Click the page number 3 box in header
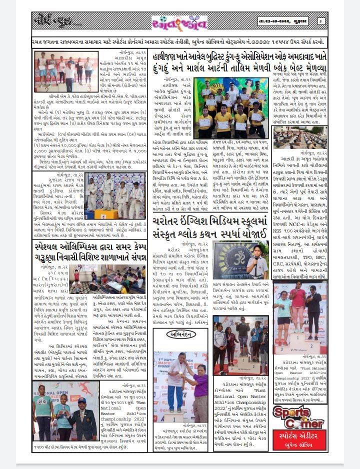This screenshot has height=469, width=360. point(320,21)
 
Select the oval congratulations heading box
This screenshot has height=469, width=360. point(181,334)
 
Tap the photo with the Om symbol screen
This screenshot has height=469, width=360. point(233,259)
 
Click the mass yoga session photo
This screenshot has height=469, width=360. point(299,137)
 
